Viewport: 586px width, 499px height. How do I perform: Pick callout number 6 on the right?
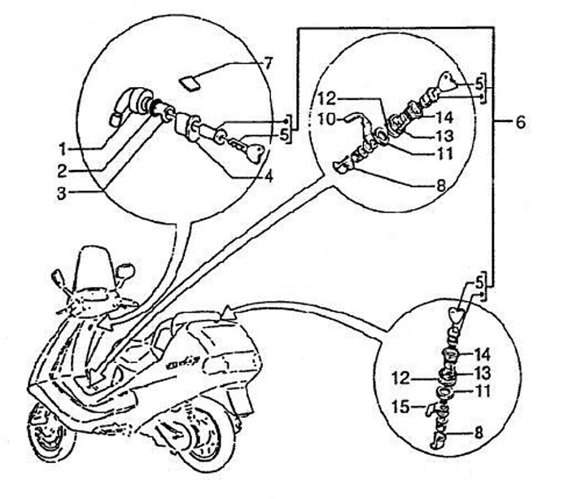[521, 124]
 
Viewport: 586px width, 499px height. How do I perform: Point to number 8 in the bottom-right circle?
[479, 433]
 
